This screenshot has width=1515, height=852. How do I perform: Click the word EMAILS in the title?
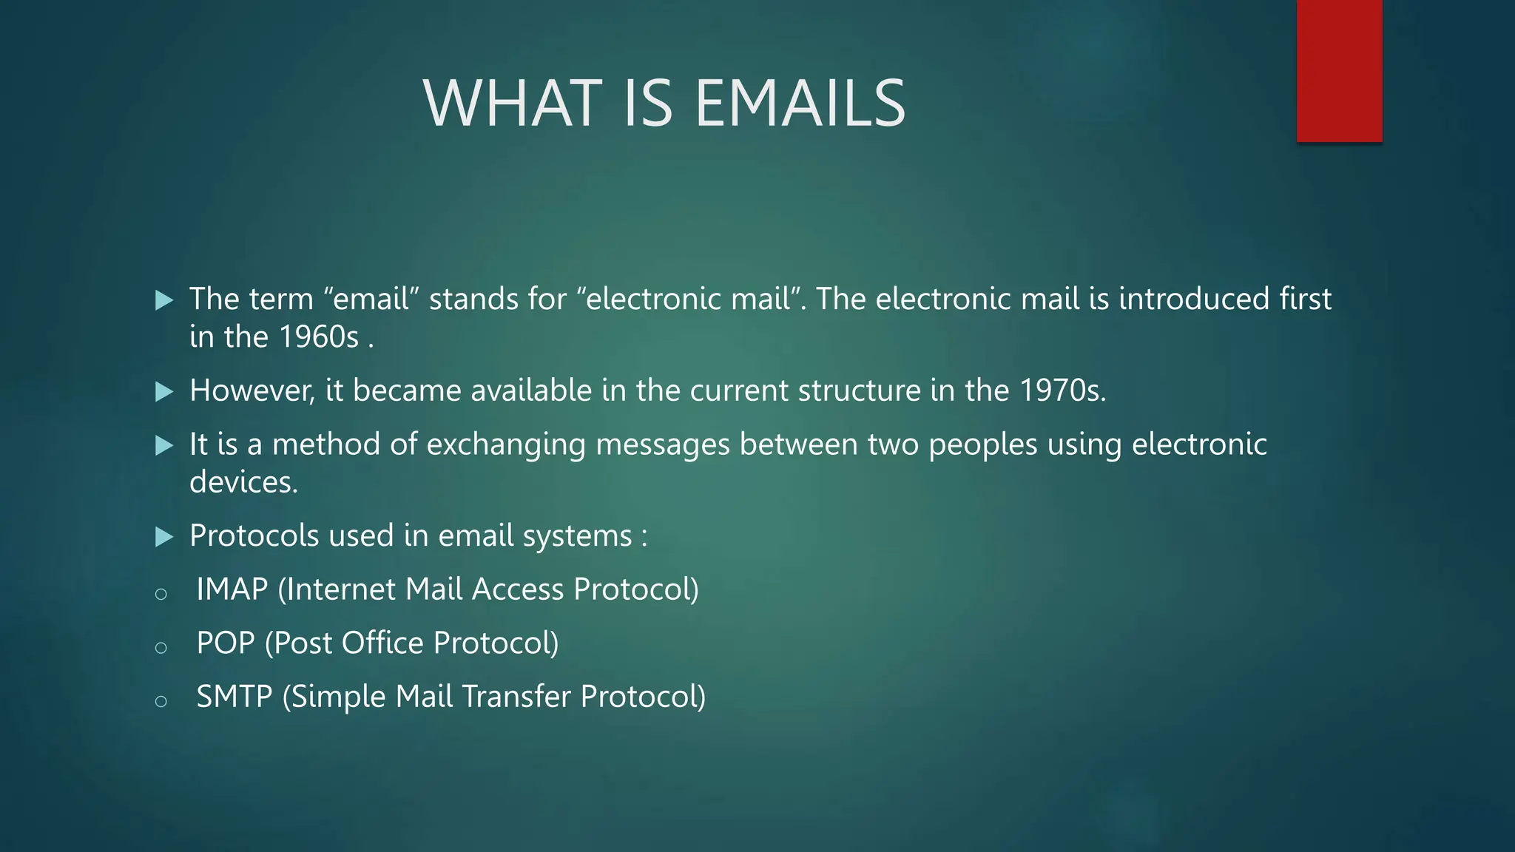[800, 104]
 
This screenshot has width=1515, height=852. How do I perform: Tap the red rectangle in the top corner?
[1339, 70]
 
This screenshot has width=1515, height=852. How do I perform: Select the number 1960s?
[319, 337]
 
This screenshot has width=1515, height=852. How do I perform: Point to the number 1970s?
[1062, 390]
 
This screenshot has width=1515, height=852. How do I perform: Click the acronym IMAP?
[232, 589]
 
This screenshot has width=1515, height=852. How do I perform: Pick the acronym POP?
[225, 643]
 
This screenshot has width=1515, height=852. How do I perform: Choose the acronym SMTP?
[234, 697]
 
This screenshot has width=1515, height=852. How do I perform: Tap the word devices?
[243, 482]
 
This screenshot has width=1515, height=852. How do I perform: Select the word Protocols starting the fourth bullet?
[254, 535]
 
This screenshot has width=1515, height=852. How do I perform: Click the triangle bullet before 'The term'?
[164, 300]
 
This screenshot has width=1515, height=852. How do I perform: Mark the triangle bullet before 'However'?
[164, 391]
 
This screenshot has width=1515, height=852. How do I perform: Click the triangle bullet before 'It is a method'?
[164, 445]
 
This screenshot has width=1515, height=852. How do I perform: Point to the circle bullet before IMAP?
[161, 594]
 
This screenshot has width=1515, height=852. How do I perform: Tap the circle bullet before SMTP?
[161, 701]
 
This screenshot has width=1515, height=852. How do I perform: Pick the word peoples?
[982, 445]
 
